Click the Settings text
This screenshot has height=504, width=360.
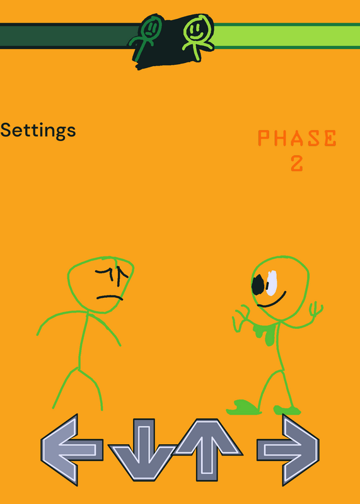[38, 131]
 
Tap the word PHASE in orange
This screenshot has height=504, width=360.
[297, 138]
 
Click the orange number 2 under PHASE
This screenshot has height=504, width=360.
[297, 163]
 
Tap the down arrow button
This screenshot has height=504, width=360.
[143, 450]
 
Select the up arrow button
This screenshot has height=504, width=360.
[207, 449]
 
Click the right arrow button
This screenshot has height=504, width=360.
[288, 450]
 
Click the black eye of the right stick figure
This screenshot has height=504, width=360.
[258, 285]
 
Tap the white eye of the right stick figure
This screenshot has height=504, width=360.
[271, 283]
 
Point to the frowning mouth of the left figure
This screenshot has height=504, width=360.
[110, 297]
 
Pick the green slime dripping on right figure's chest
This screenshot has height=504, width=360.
[265, 334]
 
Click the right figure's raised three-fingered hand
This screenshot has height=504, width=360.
[315, 309]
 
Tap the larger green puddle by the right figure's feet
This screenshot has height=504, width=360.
[243, 407]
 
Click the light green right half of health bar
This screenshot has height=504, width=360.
[286, 36]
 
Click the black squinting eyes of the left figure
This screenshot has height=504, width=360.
[113, 275]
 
